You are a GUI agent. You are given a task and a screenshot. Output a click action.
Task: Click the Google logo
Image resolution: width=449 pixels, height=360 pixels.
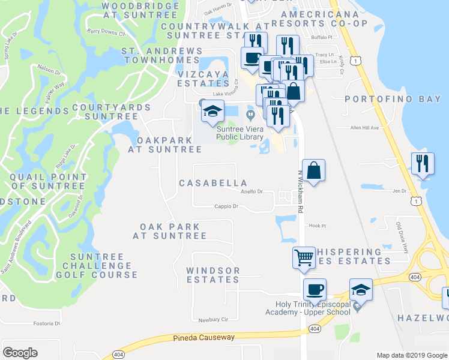tap(20, 353)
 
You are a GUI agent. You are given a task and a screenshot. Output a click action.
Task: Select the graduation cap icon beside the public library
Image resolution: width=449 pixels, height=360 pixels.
tap(212, 112)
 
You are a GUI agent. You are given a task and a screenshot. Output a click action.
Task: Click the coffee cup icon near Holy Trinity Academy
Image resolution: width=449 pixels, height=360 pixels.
tap(315, 290)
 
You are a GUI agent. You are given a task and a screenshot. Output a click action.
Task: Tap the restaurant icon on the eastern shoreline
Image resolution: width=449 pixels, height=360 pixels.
tap(423, 164)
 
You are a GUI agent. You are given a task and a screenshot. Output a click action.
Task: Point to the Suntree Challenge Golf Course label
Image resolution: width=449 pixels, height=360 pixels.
tap(97, 266)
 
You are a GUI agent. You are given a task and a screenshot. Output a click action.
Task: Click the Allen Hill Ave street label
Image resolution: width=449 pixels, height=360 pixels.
tap(365, 128)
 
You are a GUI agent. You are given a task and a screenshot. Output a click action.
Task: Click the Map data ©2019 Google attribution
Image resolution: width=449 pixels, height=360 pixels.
tap(411, 355)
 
